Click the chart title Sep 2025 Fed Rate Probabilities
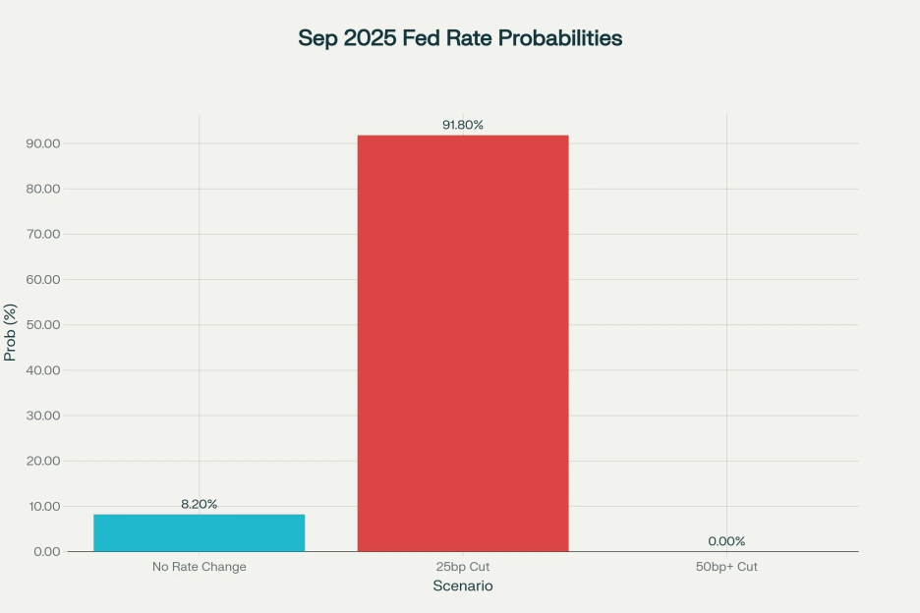[x=460, y=38]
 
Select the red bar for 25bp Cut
[x=463, y=343]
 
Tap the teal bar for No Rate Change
[x=199, y=532]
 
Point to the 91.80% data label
[x=463, y=125]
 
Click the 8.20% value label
[x=199, y=504]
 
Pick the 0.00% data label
[x=726, y=541]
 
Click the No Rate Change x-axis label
[x=199, y=567]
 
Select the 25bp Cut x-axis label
[x=463, y=567]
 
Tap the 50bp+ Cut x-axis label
[x=726, y=567]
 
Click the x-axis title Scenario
[x=463, y=586]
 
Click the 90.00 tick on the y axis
[x=43, y=143]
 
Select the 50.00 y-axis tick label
[x=43, y=325]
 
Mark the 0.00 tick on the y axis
[x=46, y=552]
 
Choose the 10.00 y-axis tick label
[x=43, y=507]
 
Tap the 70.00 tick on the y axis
[x=43, y=235]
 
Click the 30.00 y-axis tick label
[x=43, y=416]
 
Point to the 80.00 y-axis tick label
[x=43, y=189]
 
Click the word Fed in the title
[x=423, y=38]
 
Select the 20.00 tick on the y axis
[x=43, y=461]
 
